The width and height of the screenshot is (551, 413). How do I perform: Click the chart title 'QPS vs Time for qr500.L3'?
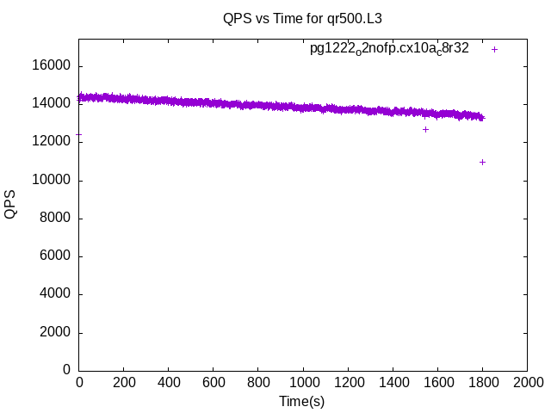(302, 18)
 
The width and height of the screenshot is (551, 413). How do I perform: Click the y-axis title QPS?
(11, 204)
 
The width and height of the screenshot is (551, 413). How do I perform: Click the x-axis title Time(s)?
(302, 401)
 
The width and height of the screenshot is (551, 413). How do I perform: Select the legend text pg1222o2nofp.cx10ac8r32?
(389, 49)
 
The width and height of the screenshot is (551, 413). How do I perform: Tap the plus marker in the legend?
(494, 49)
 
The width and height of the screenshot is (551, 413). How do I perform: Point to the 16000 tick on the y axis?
(53, 66)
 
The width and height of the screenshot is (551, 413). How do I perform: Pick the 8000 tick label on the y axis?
(57, 219)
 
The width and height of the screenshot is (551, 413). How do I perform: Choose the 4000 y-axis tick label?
(57, 294)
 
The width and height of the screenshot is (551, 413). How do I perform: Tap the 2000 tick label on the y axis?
(57, 332)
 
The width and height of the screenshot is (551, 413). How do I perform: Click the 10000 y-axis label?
(53, 181)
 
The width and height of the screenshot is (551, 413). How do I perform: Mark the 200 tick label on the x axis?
(124, 383)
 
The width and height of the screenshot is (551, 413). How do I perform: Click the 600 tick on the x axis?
(214, 383)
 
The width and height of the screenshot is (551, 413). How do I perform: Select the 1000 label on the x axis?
(303, 383)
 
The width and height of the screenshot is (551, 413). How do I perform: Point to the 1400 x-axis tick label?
(393, 383)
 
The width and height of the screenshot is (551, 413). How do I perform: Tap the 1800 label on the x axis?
(482, 383)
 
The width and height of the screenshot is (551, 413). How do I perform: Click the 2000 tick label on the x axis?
(527, 383)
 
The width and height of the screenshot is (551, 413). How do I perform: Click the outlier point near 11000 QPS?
(482, 162)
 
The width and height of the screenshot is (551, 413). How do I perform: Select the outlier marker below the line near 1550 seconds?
(425, 129)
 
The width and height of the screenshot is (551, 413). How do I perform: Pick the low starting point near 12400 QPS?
(79, 134)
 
